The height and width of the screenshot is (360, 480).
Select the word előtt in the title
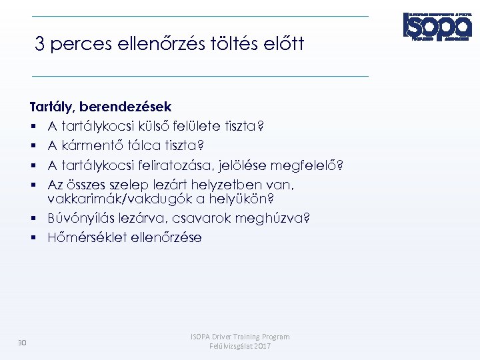coord(283,45)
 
